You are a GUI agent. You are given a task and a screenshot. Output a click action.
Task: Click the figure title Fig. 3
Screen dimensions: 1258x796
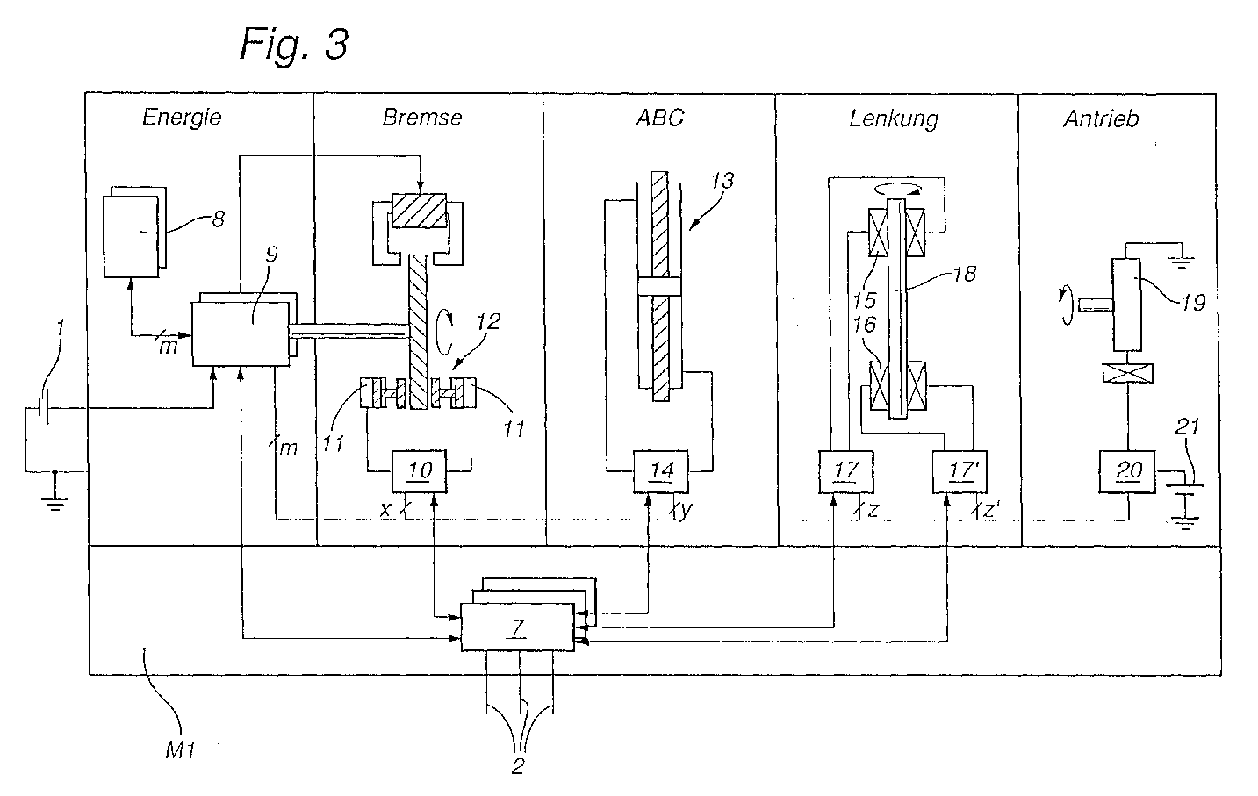click(x=294, y=45)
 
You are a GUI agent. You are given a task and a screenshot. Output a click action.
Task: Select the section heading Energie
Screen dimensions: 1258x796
click(x=182, y=118)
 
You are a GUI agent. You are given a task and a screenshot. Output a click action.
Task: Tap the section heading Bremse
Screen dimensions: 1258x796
click(x=422, y=118)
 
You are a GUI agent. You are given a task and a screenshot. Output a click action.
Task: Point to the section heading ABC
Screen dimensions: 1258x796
click(x=660, y=118)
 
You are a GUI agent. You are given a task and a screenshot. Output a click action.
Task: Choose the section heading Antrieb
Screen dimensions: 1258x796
click(x=1102, y=119)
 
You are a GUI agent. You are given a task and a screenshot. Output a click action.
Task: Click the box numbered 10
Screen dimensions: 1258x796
click(x=420, y=471)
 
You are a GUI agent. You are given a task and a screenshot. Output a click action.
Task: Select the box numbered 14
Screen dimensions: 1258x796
click(x=661, y=471)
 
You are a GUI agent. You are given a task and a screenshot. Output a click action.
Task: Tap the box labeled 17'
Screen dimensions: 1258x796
click(x=960, y=471)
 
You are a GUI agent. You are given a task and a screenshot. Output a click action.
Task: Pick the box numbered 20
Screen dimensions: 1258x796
click(x=1127, y=471)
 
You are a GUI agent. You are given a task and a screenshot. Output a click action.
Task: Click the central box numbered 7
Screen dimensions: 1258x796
click(x=517, y=627)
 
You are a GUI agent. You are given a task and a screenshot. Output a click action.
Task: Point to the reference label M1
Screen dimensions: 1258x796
click(x=180, y=750)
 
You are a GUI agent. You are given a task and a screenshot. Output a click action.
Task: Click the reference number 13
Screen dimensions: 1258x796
click(x=722, y=181)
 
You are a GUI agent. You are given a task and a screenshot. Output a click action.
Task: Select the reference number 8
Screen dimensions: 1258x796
click(x=219, y=219)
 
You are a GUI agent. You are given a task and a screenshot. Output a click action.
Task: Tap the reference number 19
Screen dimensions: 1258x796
click(x=1193, y=303)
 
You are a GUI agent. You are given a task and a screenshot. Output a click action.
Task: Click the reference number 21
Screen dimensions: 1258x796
click(x=1187, y=427)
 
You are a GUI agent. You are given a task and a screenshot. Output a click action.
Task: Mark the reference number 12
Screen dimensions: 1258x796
click(x=488, y=322)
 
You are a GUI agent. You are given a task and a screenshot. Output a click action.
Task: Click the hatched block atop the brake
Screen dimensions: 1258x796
click(x=420, y=211)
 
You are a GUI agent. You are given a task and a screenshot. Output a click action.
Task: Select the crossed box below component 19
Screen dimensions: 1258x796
click(x=1128, y=373)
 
